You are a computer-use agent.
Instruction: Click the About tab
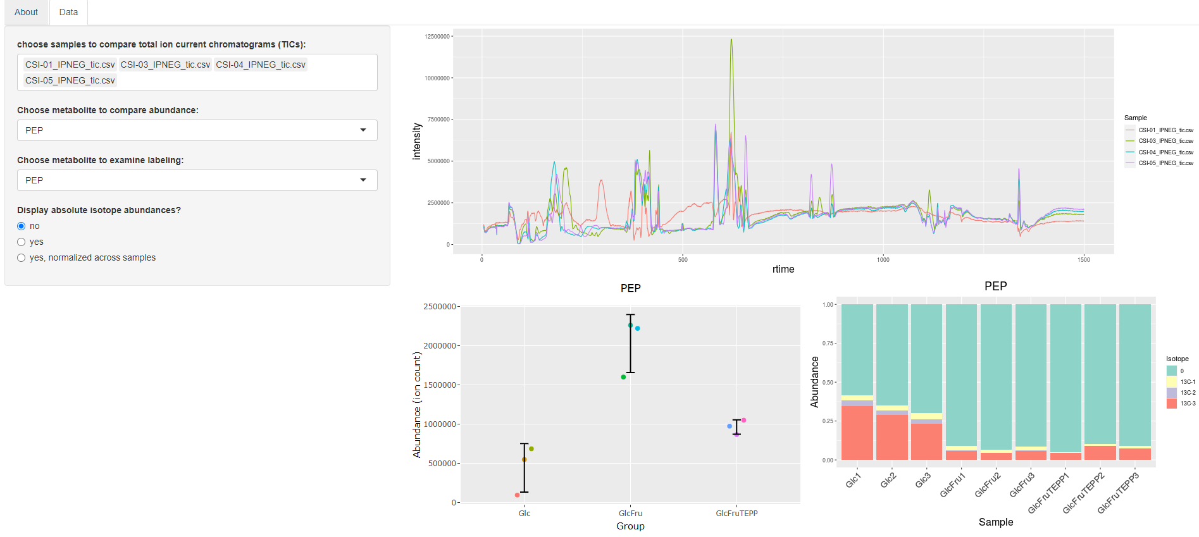pyautogui.click(x=26, y=12)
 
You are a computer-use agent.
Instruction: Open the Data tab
pyautogui.click(x=68, y=12)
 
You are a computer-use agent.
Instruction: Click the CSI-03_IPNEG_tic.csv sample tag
pyautogui.click(x=165, y=65)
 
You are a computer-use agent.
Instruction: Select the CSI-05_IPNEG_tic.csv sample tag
pyautogui.click(x=70, y=80)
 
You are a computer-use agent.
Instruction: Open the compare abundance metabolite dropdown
pyautogui.click(x=197, y=130)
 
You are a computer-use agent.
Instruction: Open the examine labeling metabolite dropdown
pyautogui.click(x=197, y=180)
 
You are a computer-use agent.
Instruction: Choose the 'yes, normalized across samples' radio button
pyautogui.click(x=22, y=257)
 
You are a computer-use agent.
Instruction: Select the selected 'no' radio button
pyautogui.click(x=22, y=226)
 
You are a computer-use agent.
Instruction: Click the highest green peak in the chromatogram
pyautogui.click(x=731, y=40)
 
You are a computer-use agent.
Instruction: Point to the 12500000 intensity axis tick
pyautogui.click(x=437, y=37)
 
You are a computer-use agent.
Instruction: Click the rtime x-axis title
pyautogui.click(x=783, y=269)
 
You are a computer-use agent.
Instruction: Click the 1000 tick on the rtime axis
pyautogui.click(x=883, y=260)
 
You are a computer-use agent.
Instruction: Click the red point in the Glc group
pyautogui.click(x=517, y=495)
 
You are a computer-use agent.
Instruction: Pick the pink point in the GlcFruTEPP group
pyautogui.click(x=743, y=420)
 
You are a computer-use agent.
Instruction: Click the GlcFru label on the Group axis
pyautogui.click(x=630, y=513)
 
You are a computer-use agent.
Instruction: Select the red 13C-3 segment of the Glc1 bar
pyautogui.click(x=857, y=433)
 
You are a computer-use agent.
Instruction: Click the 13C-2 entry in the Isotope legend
pyautogui.click(x=1187, y=393)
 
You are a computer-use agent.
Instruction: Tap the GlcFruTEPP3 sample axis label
pyautogui.click(x=1119, y=493)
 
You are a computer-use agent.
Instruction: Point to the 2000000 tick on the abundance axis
pyautogui.click(x=440, y=346)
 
